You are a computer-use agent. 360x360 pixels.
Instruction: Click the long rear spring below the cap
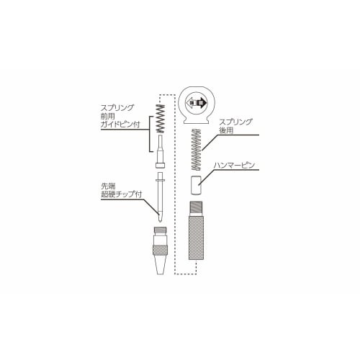196,148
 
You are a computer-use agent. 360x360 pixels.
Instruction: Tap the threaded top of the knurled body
196,206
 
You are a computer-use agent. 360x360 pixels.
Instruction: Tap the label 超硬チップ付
122,195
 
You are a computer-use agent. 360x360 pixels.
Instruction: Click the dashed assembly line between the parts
176,180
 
